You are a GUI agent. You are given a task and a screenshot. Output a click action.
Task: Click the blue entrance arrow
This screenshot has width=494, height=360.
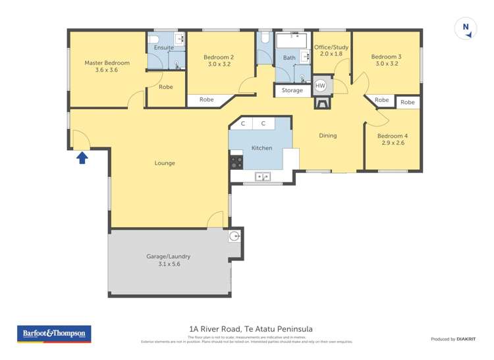pyautogui.click(x=82, y=157)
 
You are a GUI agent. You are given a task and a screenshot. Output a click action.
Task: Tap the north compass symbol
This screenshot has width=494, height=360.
pyautogui.click(x=466, y=28)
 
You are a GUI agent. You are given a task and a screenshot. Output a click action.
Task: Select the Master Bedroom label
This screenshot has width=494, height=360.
pyautogui.click(x=107, y=63)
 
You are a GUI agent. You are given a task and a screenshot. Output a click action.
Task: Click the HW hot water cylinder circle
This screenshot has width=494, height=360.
pyautogui.click(x=320, y=86)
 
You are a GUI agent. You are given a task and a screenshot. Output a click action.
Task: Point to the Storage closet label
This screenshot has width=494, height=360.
pyautogui.click(x=292, y=90)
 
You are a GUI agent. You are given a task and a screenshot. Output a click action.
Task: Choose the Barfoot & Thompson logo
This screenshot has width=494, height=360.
pyautogui.click(x=54, y=334)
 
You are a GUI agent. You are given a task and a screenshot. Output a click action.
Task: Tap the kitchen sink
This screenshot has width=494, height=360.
pyautogui.click(x=262, y=176)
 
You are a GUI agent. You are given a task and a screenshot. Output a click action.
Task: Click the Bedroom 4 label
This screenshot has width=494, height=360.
pyautogui.click(x=391, y=136)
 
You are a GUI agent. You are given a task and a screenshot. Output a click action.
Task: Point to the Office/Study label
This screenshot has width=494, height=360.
pyautogui.click(x=331, y=47)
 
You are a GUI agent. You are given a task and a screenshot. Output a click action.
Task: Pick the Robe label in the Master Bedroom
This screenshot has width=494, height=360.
pyautogui.click(x=166, y=86)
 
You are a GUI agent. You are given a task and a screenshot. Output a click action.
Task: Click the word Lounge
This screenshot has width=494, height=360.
pyautogui.click(x=165, y=163)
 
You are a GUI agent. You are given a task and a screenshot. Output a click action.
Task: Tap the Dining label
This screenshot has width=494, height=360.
pyautogui.click(x=327, y=136)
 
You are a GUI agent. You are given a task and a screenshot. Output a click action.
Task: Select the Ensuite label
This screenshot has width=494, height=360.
pyautogui.click(x=164, y=47)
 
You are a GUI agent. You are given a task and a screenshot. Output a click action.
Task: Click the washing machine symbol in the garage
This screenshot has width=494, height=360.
pyautogui.click(x=234, y=236)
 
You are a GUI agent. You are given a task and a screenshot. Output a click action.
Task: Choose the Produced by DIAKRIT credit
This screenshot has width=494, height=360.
pyautogui.click(x=453, y=339)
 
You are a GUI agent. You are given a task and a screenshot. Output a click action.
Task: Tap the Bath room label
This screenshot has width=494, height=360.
pyautogui.click(x=289, y=58)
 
